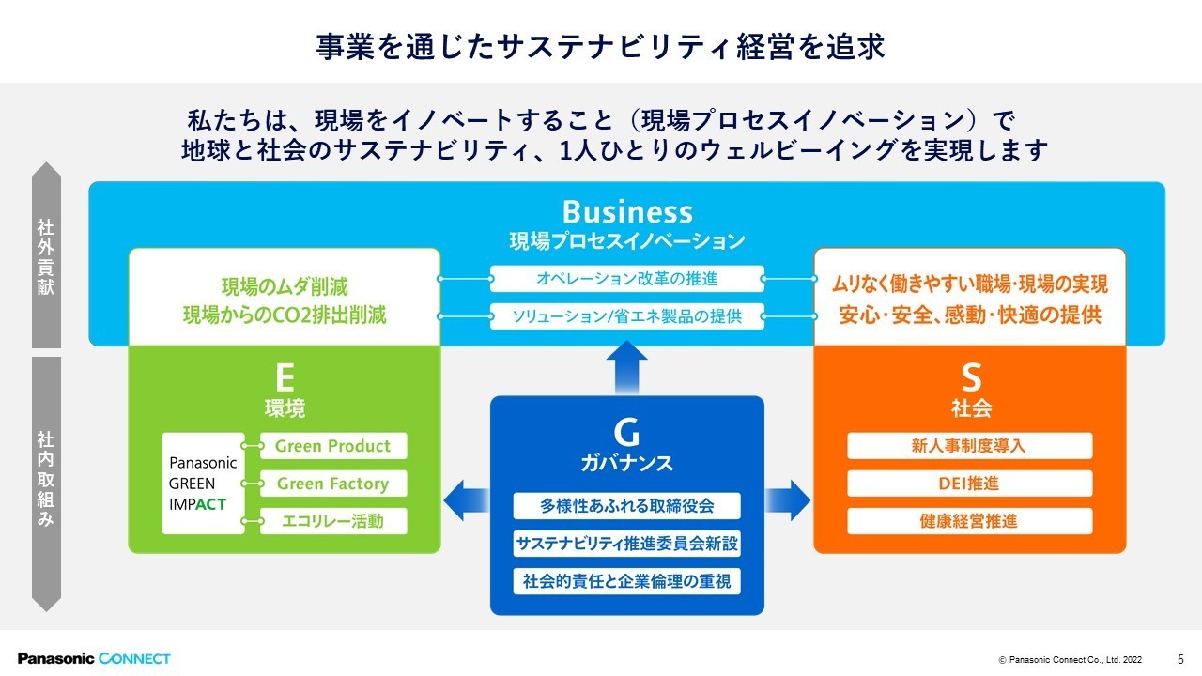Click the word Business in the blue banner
627,212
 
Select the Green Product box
332,446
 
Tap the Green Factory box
332,484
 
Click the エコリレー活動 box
332,521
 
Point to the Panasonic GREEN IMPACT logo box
203,484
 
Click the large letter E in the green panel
285,377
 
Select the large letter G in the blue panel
626,432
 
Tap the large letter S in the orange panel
971,377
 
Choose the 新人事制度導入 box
969,446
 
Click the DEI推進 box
969,484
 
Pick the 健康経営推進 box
969,521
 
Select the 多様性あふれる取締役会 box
626,505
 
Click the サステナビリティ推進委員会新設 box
626,543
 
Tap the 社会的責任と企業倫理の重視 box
626,580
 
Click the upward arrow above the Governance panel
626,365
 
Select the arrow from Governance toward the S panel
788,499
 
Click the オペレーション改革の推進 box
626,279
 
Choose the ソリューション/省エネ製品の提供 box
626,316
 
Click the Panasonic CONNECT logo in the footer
94,658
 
